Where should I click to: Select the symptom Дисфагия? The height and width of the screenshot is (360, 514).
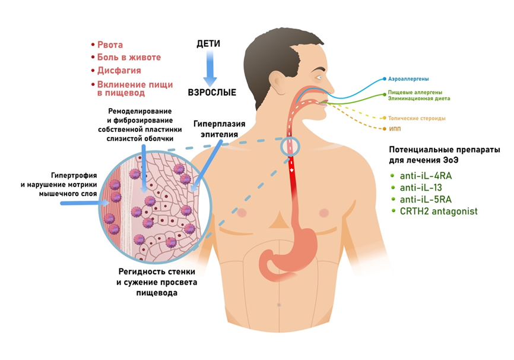[119, 71]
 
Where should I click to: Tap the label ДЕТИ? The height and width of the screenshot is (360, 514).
[209, 45]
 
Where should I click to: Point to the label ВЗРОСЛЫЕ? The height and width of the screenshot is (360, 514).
[212, 93]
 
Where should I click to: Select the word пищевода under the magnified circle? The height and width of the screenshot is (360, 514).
[156, 293]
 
